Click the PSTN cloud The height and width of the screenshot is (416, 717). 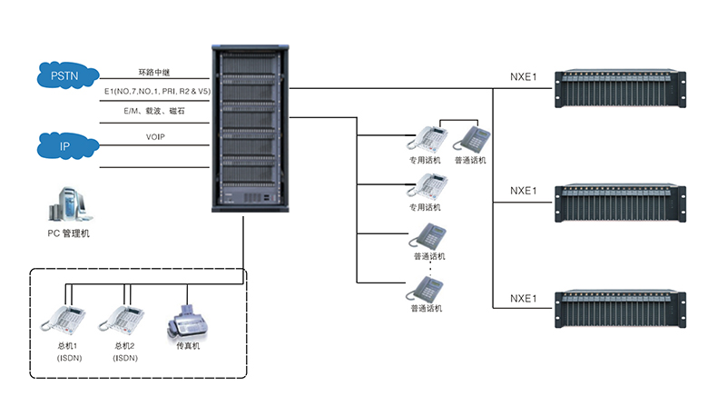[65, 75]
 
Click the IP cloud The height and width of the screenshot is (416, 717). [64, 145]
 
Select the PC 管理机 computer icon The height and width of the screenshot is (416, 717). [68, 204]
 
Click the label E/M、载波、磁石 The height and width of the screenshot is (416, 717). [155, 111]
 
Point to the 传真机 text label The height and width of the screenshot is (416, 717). [188, 346]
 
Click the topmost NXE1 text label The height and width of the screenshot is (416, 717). [524, 76]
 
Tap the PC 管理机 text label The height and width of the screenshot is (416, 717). [69, 233]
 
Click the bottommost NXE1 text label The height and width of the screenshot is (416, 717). [524, 298]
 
